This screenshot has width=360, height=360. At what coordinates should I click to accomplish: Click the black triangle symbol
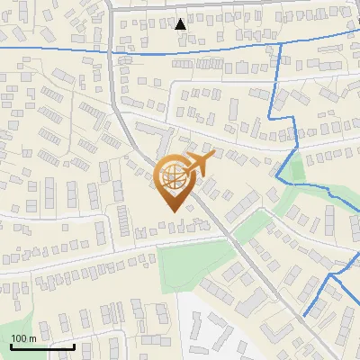pos(181,23)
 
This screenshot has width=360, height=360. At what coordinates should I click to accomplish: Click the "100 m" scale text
pos(22,337)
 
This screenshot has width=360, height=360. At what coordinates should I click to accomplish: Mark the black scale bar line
pos(41,346)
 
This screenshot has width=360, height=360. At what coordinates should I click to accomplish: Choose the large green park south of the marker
pos(192,265)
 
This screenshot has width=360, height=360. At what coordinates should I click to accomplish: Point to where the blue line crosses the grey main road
pos(112,51)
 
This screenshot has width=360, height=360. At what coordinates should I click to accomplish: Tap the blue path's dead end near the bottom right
pos(305,317)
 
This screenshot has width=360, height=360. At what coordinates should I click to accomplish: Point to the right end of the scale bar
pos(74,346)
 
